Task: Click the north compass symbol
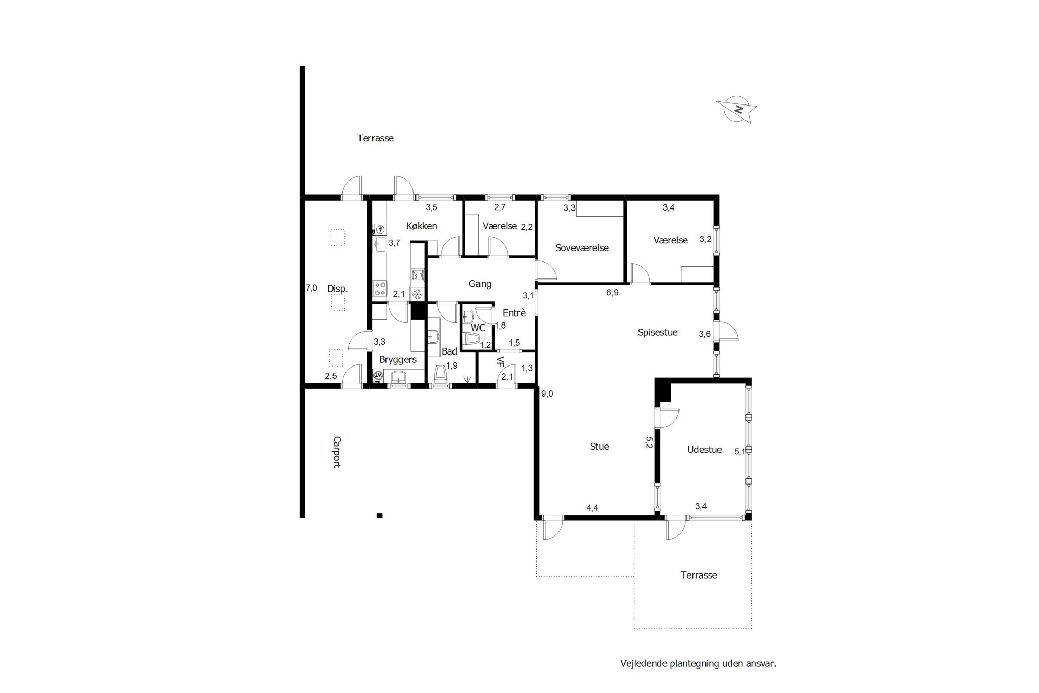click(x=737, y=109)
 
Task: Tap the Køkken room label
click(x=422, y=226)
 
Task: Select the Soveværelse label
click(x=582, y=248)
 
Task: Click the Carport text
click(x=337, y=452)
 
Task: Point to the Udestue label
click(x=704, y=450)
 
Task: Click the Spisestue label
click(x=658, y=333)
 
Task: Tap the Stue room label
click(x=600, y=447)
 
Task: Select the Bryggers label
click(x=398, y=360)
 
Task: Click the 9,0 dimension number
click(x=547, y=394)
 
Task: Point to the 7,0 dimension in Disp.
click(x=311, y=288)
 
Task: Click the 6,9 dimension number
click(x=612, y=293)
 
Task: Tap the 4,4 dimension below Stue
click(x=592, y=508)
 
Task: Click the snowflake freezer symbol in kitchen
click(x=417, y=294)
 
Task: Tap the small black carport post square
click(x=380, y=516)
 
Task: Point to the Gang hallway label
click(x=480, y=284)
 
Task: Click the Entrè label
click(x=514, y=313)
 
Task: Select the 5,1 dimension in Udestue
click(x=740, y=452)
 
